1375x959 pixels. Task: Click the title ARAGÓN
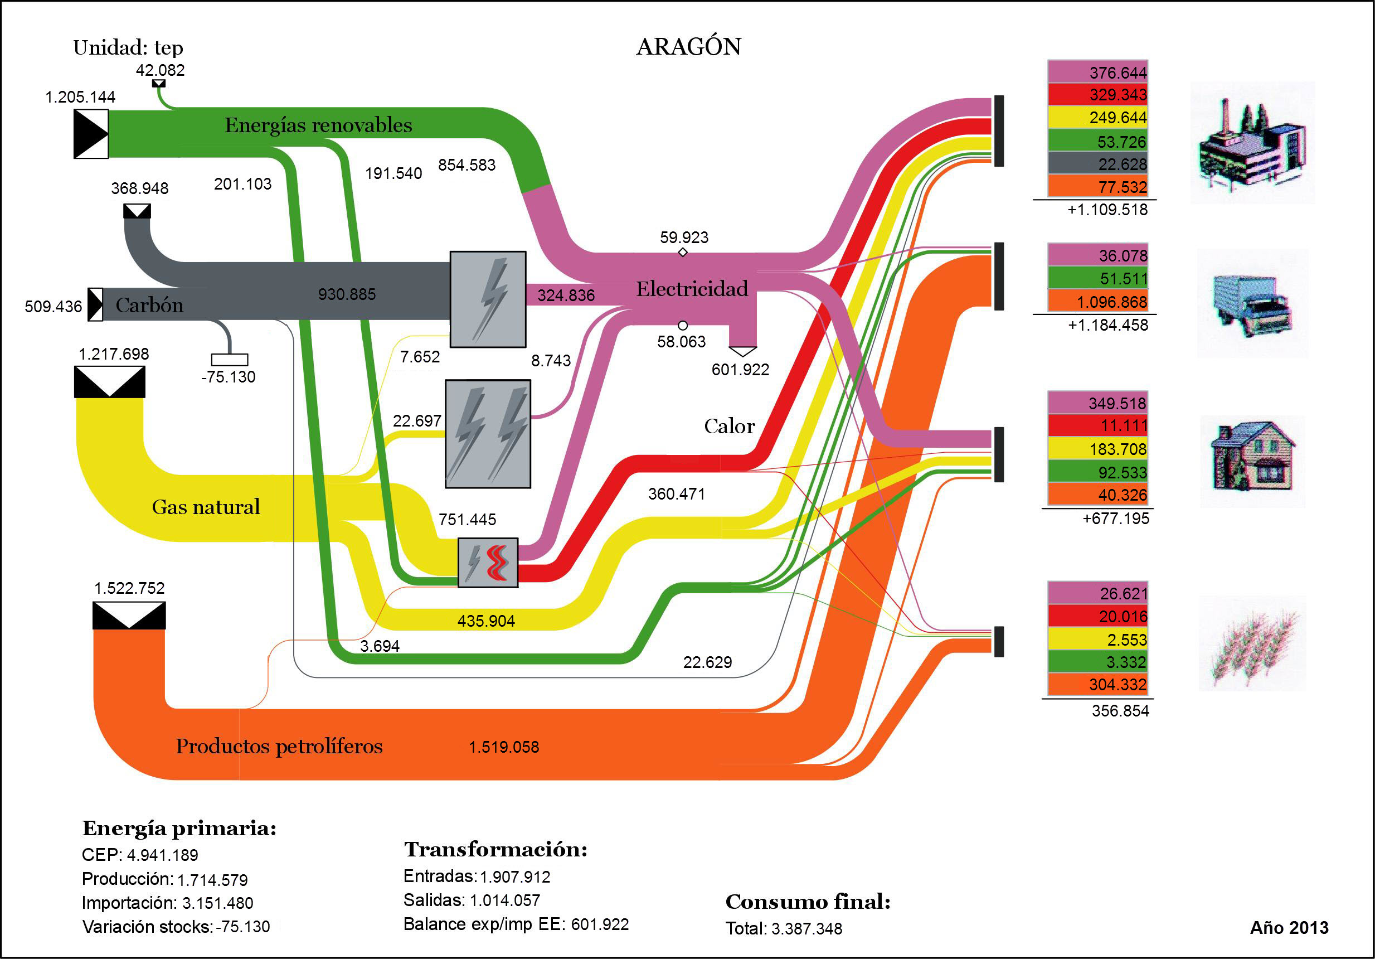[689, 47]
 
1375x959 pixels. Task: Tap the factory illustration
[1252, 144]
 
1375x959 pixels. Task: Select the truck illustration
[1252, 304]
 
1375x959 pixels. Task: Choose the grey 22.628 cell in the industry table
[1099, 163]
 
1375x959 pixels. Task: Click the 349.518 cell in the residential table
[1099, 403]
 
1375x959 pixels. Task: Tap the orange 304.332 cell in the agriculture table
[1099, 684]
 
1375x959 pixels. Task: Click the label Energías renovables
[318, 125]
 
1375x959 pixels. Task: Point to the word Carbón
[149, 305]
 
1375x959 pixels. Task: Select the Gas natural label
[206, 507]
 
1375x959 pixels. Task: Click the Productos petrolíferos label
[279, 746]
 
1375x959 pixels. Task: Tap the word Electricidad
[692, 289]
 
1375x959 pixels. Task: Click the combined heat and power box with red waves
[488, 563]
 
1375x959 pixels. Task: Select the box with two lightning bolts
[488, 434]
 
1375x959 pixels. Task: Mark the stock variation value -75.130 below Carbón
[228, 377]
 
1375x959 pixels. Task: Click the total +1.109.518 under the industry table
[1107, 210]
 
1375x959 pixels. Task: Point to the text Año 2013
[1289, 927]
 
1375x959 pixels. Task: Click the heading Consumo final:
[808, 902]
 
